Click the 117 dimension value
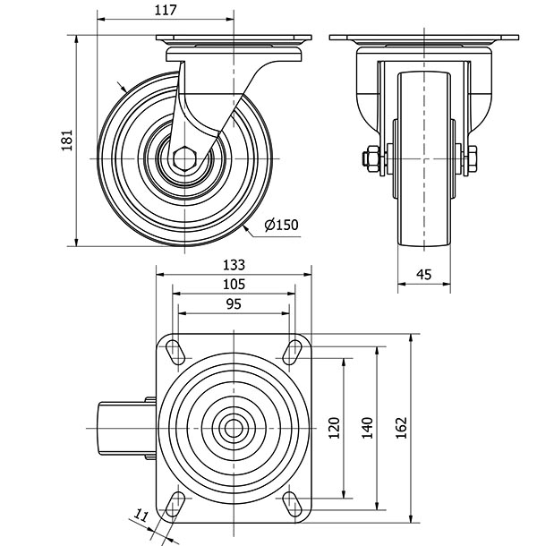tap(165, 10)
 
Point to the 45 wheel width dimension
tap(425, 276)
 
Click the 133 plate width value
tap(233, 265)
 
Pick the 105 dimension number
tap(233, 285)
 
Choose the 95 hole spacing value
tap(233, 304)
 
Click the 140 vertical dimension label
tap(365, 427)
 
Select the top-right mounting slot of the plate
tap(293, 349)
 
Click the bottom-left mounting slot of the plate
tap(175, 502)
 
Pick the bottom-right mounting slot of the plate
tap(293, 502)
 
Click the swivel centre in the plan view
tap(234, 426)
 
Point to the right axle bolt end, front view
tap(473, 160)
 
